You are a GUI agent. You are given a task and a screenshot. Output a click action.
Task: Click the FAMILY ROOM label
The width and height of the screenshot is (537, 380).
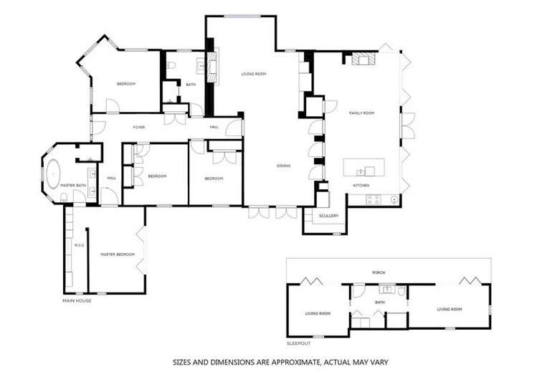(x=362, y=113)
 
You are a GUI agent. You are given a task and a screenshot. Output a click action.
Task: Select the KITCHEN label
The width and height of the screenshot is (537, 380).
(x=360, y=186)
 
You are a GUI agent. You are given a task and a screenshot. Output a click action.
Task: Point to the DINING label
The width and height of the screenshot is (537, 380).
(x=283, y=166)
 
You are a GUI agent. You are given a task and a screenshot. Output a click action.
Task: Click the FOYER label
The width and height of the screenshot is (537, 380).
(x=139, y=127)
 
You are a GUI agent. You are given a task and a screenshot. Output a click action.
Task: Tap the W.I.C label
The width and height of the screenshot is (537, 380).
(x=80, y=245)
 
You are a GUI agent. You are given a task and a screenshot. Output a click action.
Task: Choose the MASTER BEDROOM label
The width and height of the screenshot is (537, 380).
(x=118, y=254)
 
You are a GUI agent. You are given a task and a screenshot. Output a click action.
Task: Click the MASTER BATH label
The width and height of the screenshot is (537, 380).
(x=73, y=186)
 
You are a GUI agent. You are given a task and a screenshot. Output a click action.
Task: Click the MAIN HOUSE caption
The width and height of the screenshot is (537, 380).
(x=77, y=300)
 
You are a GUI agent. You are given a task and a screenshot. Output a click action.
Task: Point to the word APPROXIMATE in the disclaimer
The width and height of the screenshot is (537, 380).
(x=284, y=362)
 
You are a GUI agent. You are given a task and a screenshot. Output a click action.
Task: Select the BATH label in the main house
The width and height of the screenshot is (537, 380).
(x=191, y=85)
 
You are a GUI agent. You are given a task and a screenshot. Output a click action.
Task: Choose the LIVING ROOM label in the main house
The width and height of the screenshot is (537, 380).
(x=253, y=73)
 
